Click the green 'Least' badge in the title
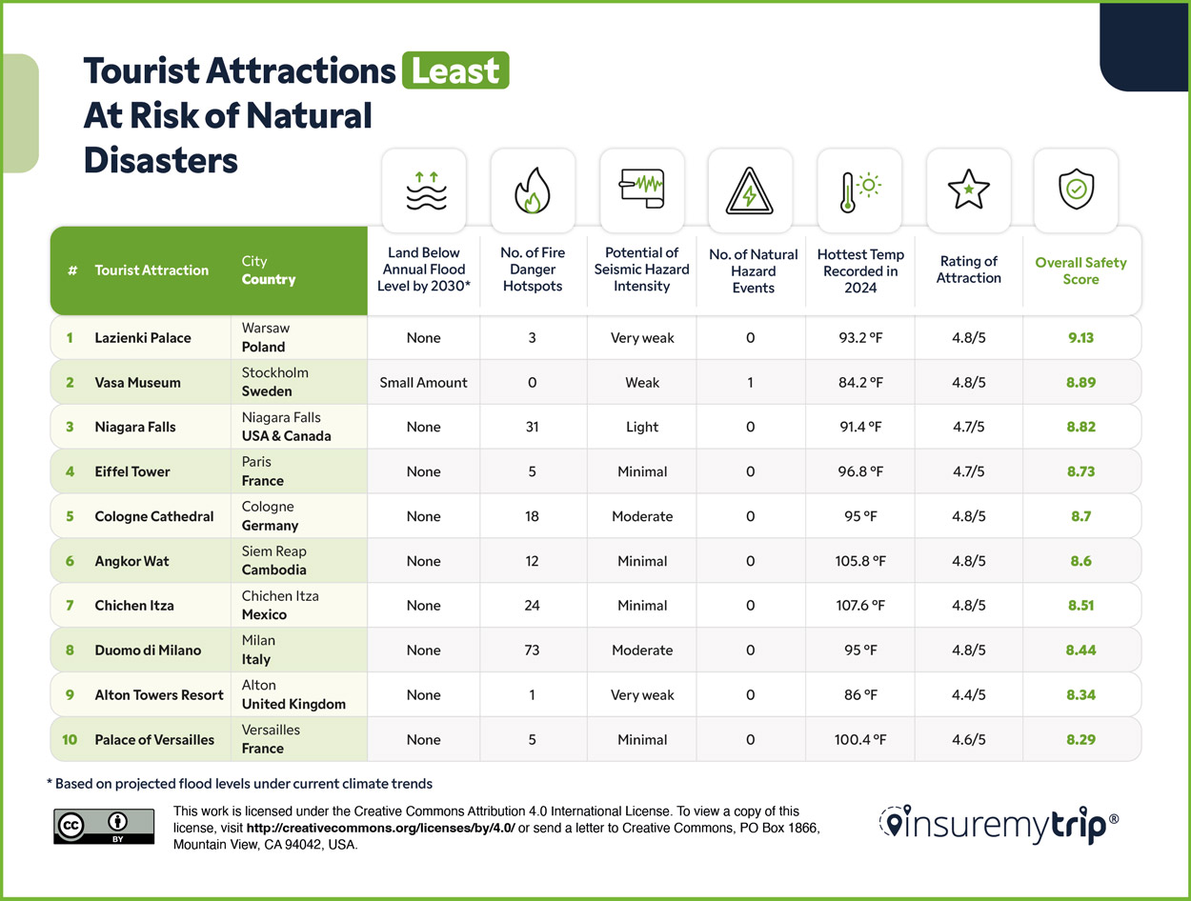coord(455,70)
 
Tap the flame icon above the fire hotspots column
coord(532,190)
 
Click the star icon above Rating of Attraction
coord(968,190)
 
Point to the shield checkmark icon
coord(1077,190)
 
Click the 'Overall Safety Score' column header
coord(1080,270)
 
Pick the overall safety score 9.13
coord(1080,338)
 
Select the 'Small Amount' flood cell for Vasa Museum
coord(423,383)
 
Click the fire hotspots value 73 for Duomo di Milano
coord(532,651)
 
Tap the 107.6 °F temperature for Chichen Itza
coord(859,606)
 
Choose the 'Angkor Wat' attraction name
coord(131,561)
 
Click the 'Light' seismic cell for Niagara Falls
coord(641,428)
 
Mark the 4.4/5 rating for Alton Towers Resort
coord(968,695)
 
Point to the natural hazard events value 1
coord(750,383)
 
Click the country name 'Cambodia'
coord(273,571)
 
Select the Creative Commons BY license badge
coord(104,826)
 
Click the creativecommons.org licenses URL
coord(380,828)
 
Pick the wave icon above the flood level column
coord(423,190)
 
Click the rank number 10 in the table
coord(71,740)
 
